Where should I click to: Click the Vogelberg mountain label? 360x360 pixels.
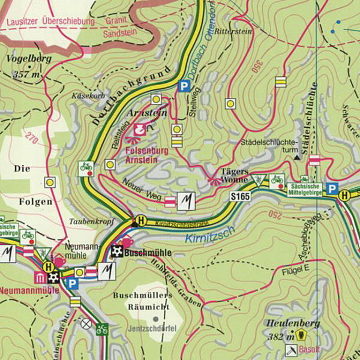pyautogui.click(x=28, y=59)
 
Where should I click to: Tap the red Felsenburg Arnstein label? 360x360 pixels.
pyautogui.click(x=151, y=156)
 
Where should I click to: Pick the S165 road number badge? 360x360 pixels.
pyautogui.click(x=239, y=196)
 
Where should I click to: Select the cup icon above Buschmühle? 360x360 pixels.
pyautogui.click(x=127, y=242)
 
